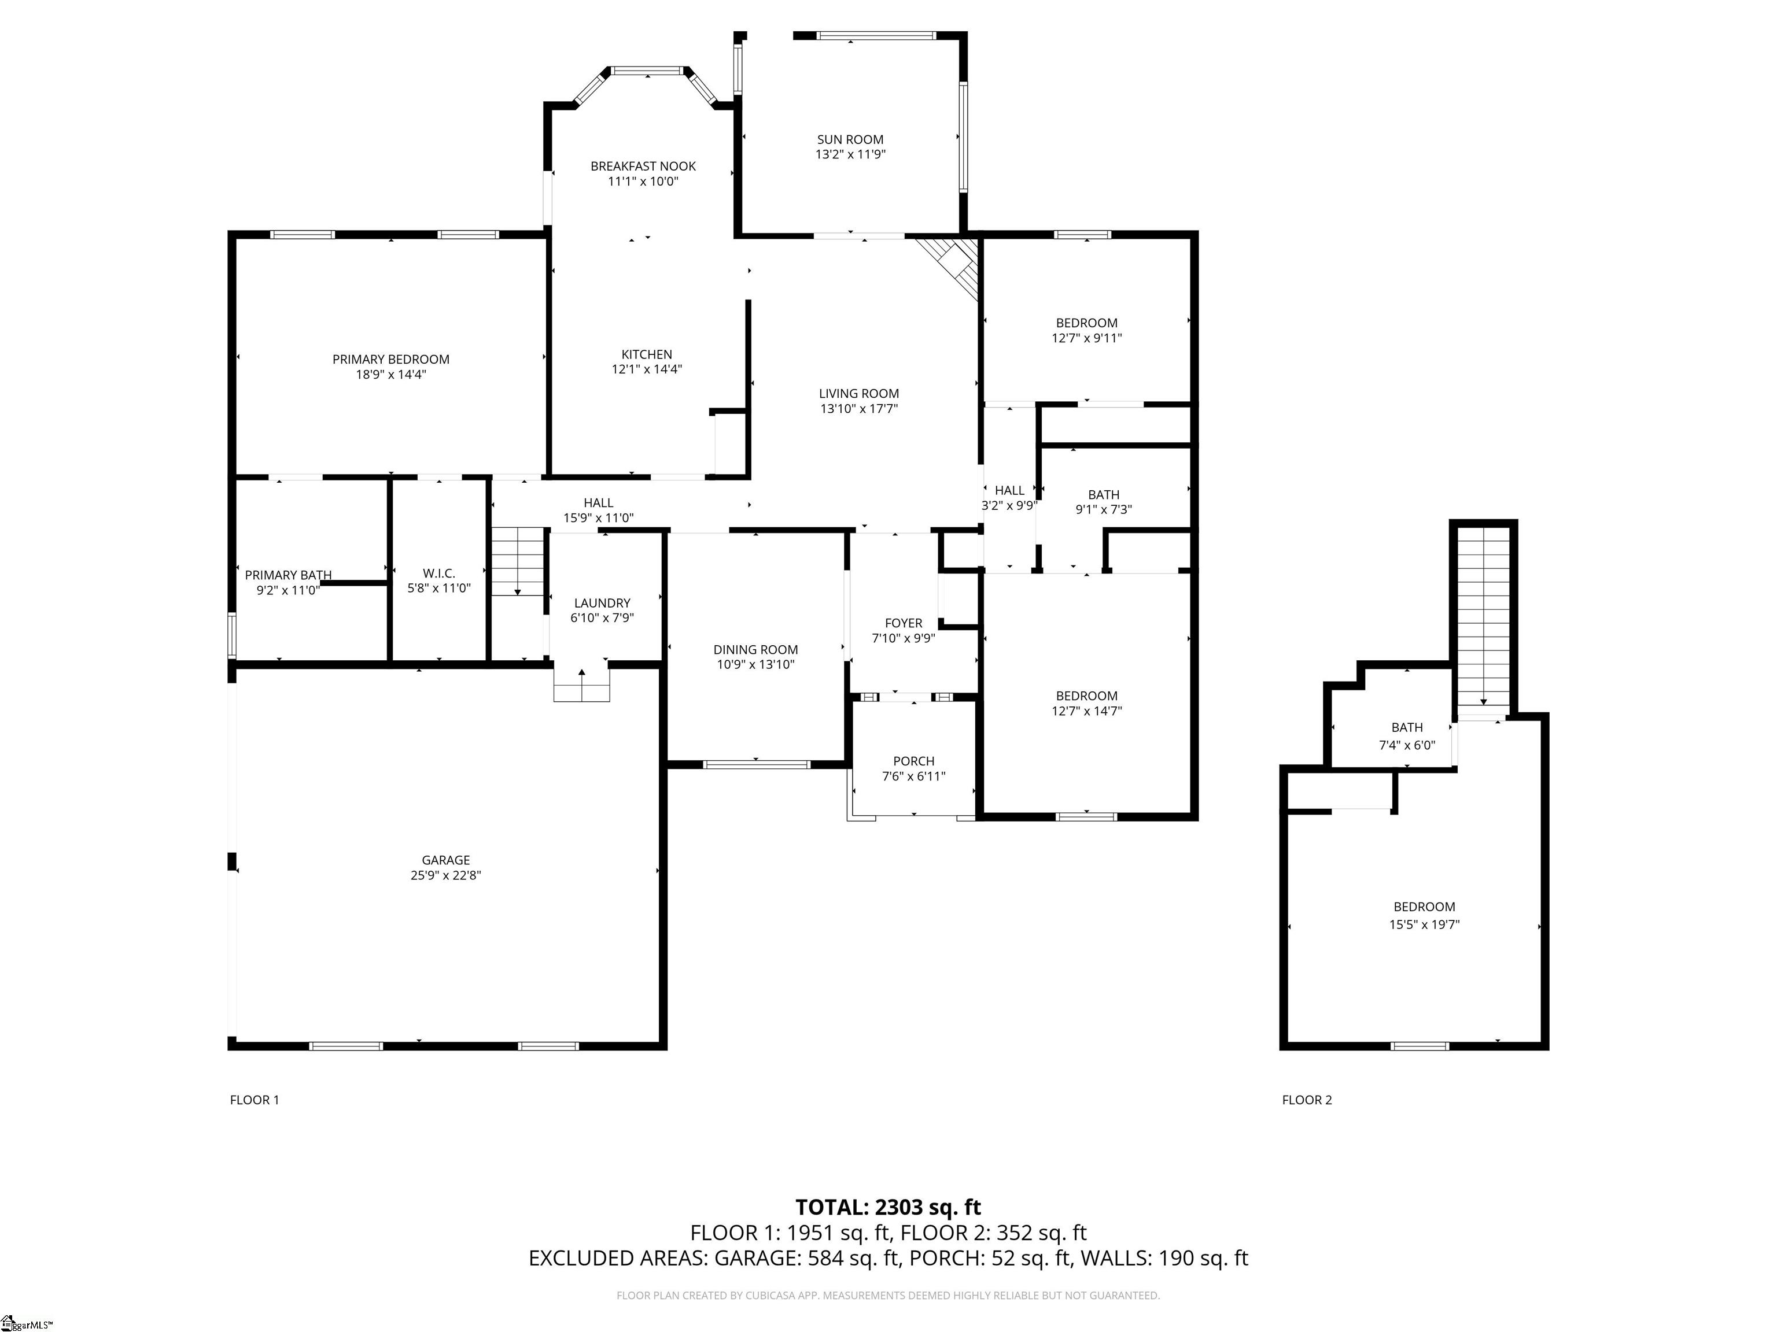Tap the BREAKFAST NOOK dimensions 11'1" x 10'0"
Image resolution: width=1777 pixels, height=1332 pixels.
pos(643,182)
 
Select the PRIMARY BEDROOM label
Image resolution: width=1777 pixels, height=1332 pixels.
pos(390,360)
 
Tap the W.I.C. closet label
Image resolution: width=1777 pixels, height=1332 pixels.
pos(438,573)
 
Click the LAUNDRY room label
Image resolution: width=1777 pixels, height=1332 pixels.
pos(602,603)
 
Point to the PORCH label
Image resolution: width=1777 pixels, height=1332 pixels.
pos(913,761)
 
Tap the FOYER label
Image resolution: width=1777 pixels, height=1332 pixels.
pos(903,623)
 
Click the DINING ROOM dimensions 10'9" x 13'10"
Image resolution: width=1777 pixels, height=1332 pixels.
pos(755,665)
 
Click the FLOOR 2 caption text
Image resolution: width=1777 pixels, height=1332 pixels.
pos(1306,1100)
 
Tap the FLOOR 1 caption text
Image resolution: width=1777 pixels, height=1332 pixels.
pos(254,1100)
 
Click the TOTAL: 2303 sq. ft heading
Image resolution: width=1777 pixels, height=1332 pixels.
pos(888,1208)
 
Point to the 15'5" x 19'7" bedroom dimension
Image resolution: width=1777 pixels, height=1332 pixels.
pos(1424,924)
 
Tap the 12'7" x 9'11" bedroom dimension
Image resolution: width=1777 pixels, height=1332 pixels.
pos(1086,338)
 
